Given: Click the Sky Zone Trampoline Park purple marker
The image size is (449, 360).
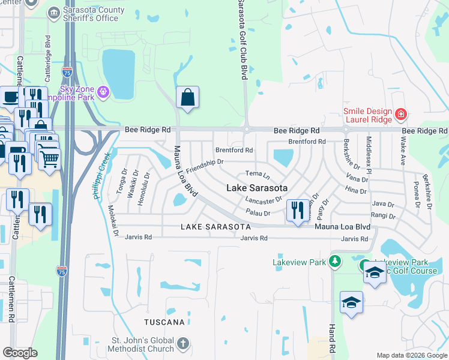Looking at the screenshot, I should point(103,91).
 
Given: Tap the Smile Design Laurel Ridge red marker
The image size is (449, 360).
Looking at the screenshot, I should point(400,113).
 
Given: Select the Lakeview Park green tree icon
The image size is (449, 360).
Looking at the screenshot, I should point(335,261).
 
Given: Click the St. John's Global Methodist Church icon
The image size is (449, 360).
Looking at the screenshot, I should point(183,344).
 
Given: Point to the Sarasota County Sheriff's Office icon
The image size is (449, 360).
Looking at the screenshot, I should point(54,12).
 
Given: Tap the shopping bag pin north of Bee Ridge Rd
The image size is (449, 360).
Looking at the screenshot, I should point(188,97).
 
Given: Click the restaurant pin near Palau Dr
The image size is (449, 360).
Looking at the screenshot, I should point(297,210).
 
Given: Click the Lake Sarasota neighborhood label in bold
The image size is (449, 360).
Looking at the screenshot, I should point(256,188).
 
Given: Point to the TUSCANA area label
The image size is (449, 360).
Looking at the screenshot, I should point(164,322).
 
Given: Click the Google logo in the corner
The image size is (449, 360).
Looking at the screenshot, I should point(20,353).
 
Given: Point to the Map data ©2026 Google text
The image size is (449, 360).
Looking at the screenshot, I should point(411,355).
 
